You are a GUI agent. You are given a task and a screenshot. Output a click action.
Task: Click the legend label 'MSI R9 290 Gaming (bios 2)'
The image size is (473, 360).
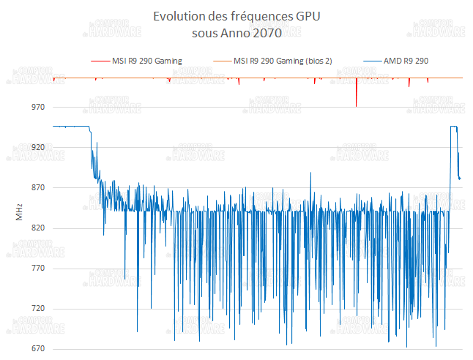[x=283, y=61]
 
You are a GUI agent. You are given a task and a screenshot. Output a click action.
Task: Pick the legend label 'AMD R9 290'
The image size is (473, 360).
[x=406, y=61]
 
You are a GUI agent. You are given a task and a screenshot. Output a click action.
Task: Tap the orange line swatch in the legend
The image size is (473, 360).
[x=221, y=61]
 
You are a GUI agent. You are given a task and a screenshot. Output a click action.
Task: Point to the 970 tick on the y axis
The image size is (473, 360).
[x=37, y=108]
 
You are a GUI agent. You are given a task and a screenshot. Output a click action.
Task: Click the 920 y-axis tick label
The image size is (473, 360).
[x=37, y=148]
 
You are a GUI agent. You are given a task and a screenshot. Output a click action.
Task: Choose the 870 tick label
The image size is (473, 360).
[x=37, y=188]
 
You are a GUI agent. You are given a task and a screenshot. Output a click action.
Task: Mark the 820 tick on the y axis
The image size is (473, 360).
[x=37, y=228]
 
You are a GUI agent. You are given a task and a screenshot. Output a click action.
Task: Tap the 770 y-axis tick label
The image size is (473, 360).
[x=37, y=269]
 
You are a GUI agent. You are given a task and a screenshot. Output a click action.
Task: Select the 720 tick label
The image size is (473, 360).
[x=37, y=309]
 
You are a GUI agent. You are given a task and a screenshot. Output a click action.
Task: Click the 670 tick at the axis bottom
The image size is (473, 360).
[x=37, y=349]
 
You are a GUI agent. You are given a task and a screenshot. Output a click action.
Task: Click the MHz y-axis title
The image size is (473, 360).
[x=19, y=212]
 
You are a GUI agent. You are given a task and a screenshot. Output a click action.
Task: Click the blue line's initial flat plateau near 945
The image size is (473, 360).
[x=70, y=127]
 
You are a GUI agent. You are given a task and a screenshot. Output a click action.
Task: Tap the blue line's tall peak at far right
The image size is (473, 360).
[x=454, y=127]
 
